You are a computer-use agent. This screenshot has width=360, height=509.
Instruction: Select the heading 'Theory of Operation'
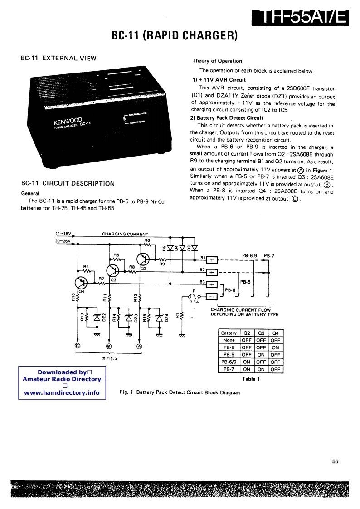[217, 61]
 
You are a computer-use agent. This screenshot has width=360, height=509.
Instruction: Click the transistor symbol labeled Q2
[144, 259]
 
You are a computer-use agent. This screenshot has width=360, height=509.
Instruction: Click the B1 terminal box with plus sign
[212, 260]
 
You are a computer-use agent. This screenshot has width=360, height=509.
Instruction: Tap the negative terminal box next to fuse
[212, 296]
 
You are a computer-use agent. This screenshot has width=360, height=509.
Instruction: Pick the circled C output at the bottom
[77, 346]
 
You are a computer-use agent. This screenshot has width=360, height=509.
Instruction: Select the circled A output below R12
[139, 346]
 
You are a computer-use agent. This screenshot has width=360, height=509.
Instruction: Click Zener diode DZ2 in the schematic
[97, 318]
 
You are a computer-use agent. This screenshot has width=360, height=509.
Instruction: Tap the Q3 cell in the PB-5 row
[261, 355]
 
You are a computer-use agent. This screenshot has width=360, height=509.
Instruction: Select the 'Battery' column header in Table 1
[229, 333]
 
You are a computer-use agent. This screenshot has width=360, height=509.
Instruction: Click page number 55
[335, 461]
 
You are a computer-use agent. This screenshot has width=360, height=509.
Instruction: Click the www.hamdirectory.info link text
[62, 392]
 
